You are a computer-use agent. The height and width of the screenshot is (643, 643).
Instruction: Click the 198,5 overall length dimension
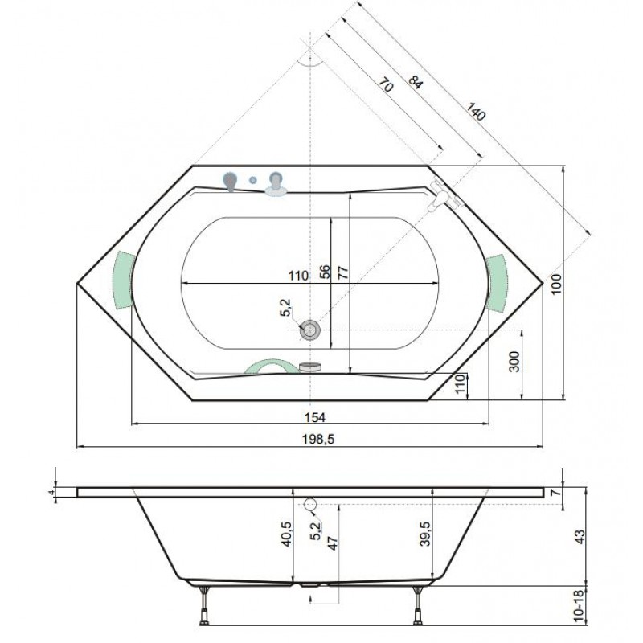[318, 439]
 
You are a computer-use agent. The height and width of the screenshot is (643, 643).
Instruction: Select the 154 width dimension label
[315, 417]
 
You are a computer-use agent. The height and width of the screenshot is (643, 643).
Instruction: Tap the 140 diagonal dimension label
[476, 112]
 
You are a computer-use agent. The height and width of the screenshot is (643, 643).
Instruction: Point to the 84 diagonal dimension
[415, 83]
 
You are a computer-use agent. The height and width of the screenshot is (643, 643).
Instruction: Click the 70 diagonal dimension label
[386, 85]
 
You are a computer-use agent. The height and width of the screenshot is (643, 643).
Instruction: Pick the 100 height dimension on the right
[556, 284]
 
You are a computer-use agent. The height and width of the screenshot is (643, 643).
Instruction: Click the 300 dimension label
[514, 361]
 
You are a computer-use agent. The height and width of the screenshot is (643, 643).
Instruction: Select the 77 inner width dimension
[343, 272]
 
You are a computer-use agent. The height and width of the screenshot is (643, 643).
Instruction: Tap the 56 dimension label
[325, 272]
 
